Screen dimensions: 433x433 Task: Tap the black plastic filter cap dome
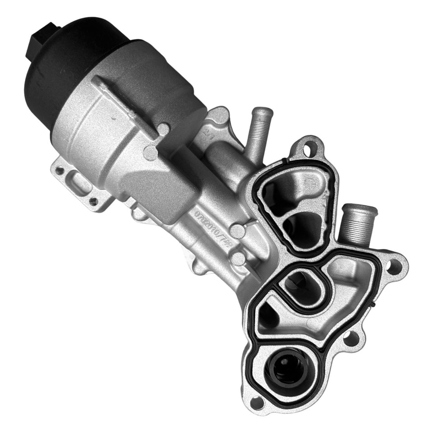click(68, 59)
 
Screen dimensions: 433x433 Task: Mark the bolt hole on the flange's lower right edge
click(351, 338)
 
